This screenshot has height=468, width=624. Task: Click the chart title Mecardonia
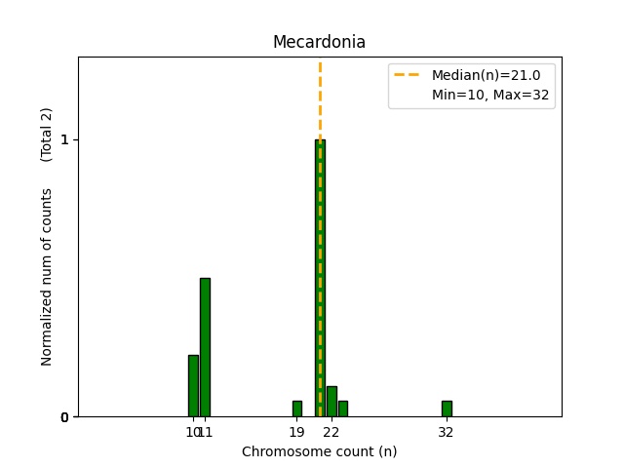pos(319,42)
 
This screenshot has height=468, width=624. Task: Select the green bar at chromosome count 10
pos(193,386)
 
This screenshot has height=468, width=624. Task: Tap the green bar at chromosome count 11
pos(205,347)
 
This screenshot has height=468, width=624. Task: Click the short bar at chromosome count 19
pos(297,409)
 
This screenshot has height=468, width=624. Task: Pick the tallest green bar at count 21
pos(320,278)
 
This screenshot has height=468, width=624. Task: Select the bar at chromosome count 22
pos(331,402)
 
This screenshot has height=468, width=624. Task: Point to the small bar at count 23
pos(343,409)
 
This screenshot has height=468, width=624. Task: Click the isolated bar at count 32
pos(447,409)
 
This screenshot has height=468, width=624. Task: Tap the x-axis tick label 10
pos(192,432)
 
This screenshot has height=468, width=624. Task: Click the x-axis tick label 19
pos(297,432)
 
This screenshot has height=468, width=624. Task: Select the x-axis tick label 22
pos(331,432)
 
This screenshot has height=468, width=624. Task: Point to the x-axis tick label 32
pos(447,432)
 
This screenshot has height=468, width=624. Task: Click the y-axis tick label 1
pos(64,139)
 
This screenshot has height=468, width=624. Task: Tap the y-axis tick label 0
pos(64,417)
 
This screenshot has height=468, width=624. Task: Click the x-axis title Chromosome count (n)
pos(319,451)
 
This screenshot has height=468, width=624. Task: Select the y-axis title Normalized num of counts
pos(47,277)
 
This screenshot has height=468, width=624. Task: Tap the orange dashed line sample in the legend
pos(408,74)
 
